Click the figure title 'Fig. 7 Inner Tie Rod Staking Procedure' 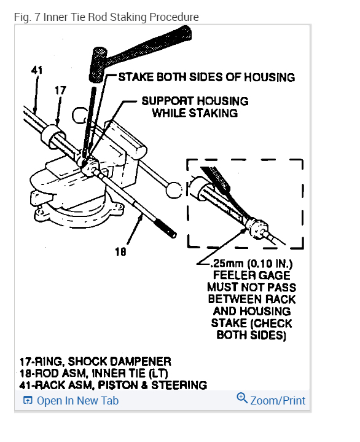(106, 17)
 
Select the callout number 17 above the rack (60, 90)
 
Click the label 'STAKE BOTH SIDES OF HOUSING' (206, 77)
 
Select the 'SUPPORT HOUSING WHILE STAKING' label (195, 106)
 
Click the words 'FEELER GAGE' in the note (252, 275)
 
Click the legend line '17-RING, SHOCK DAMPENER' (95, 361)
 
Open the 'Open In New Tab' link (77, 401)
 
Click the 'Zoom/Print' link (278, 400)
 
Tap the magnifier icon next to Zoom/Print (242, 399)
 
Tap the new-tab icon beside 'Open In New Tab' (28, 401)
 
